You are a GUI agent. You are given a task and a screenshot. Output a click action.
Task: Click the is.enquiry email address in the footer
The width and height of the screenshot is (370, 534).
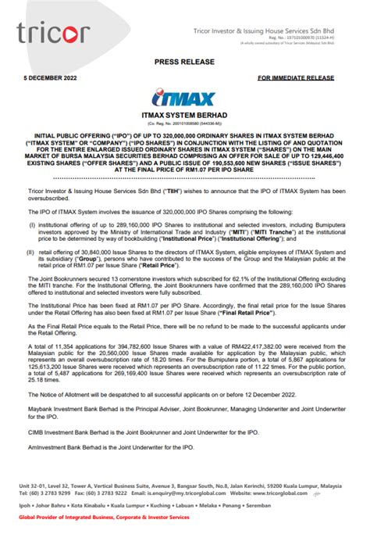tap(186, 495)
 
